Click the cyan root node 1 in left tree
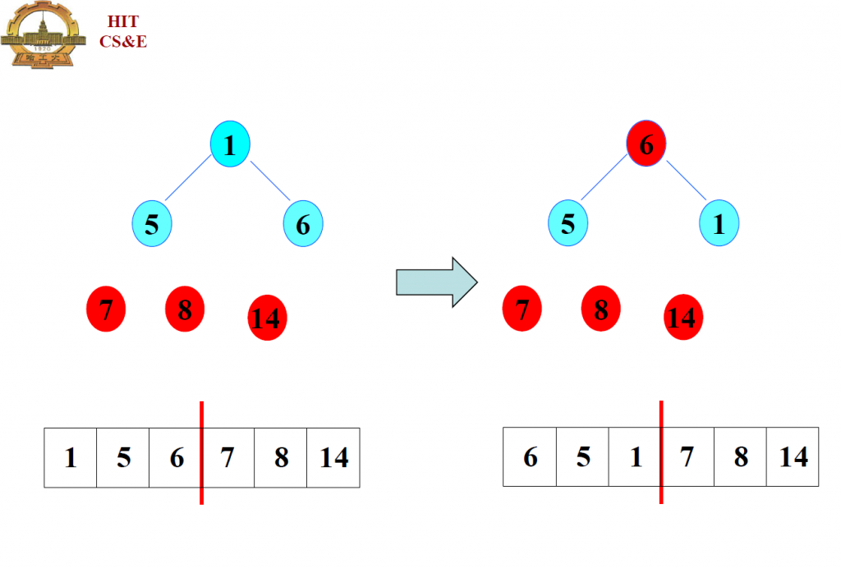[x=230, y=146]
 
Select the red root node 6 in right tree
[x=646, y=146]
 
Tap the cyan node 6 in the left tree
[x=303, y=224]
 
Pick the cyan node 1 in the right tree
[x=719, y=224]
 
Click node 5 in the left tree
[x=152, y=224]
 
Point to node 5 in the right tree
[x=568, y=224]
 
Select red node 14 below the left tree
[x=267, y=318]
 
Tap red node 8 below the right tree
[x=601, y=309]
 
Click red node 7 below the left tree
[x=106, y=309]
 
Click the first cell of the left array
[x=71, y=457]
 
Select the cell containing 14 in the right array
[x=793, y=456]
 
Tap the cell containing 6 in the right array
[x=530, y=456]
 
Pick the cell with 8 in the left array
[x=281, y=457]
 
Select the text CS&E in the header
[x=123, y=41]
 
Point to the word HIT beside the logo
[x=123, y=22]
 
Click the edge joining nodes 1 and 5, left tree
[x=189, y=181]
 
